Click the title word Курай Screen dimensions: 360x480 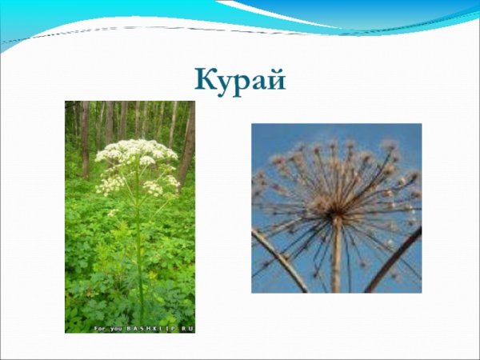pos(240,80)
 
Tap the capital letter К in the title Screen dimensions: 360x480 pos(205,79)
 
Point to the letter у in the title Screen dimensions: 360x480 pos(226,82)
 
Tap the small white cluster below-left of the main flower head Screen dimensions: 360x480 pos(111,185)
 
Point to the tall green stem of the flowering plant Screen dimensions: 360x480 pos(139,240)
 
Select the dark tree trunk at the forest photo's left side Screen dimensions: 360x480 pos(84,136)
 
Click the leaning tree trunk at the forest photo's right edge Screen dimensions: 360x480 pos(187,144)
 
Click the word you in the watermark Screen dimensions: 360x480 pos(116,329)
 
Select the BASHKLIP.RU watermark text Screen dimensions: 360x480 pos(160,329)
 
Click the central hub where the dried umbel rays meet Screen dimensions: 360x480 pos(337,216)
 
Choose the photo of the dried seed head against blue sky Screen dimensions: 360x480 pos(336,208)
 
